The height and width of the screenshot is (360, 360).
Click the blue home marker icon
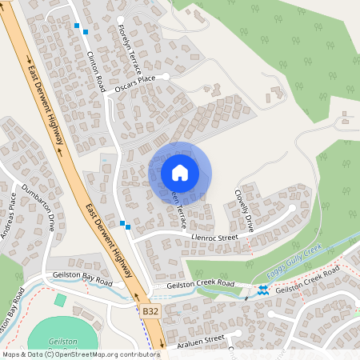click(179, 172)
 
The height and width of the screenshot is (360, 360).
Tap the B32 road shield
click(152, 310)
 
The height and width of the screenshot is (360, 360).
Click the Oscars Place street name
click(134, 81)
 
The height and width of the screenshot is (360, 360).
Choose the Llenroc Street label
click(216, 238)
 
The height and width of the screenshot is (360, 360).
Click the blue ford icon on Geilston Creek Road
click(262, 290)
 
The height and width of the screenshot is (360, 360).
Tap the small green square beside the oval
click(61, 300)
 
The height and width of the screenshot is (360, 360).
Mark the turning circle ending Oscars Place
click(166, 76)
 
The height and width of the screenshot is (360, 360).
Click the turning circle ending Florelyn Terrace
click(121, 19)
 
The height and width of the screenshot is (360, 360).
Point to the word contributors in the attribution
click(136, 354)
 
